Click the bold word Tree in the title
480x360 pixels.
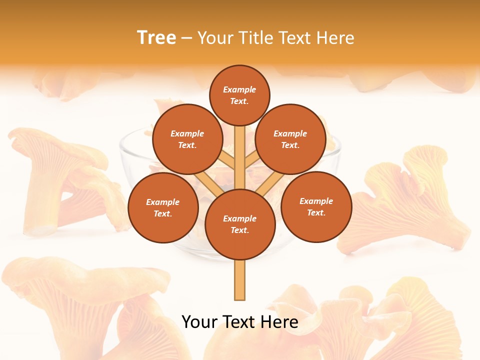[x=156, y=38]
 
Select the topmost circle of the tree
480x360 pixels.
[x=239, y=95]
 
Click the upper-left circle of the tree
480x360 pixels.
[x=187, y=139]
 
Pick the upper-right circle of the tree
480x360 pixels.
[x=290, y=139]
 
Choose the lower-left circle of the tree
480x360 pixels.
[x=163, y=207]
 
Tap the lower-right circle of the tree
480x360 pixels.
[x=316, y=206]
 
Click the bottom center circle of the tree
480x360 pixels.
[x=239, y=224]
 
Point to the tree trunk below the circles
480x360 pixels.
[x=239, y=280]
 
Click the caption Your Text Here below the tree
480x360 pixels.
[x=239, y=322]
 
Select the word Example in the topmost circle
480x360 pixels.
[x=239, y=89]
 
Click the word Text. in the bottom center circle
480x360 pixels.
[x=239, y=230]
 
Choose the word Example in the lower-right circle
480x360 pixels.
[x=316, y=201]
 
